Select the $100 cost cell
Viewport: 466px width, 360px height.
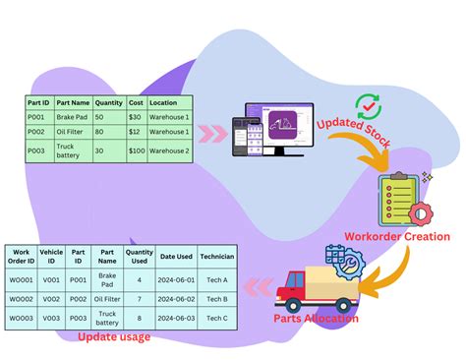click(x=136, y=151)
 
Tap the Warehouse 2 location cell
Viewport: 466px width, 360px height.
click(x=169, y=151)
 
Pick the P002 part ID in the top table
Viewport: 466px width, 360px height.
click(x=37, y=131)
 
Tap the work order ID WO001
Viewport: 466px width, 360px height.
click(x=21, y=280)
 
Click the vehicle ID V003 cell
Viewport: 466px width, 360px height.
click(x=51, y=319)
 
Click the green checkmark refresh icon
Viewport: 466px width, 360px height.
click(x=368, y=105)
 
